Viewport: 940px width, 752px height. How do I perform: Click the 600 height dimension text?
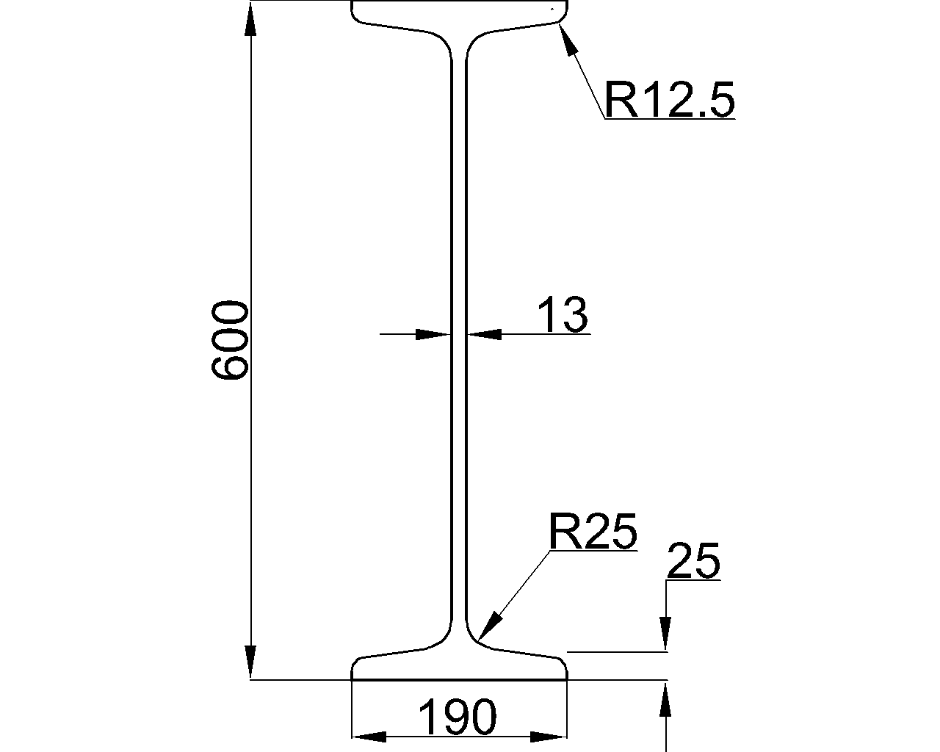(x=230, y=339)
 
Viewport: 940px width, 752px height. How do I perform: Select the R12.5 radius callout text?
(x=670, y=100)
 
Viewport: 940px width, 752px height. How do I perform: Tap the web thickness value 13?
(x=563, y=314)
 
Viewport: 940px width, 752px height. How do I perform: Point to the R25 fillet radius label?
(x=593, y=531)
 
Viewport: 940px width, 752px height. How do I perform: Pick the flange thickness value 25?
(x=694, y=560)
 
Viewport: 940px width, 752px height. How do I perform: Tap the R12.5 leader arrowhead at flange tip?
(x=565, y=40)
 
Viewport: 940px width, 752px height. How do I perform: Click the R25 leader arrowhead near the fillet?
(x=490, y=626)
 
